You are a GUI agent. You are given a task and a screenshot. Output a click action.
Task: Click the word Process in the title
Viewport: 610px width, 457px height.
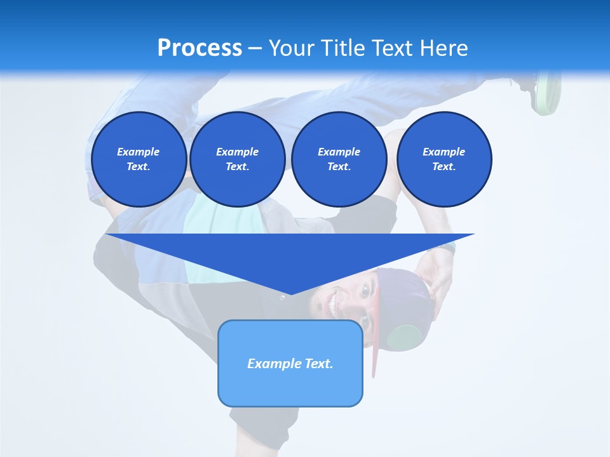200,48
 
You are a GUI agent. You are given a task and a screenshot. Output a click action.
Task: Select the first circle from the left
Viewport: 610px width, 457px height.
139,159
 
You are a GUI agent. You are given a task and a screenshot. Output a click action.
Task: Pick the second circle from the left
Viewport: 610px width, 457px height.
237,159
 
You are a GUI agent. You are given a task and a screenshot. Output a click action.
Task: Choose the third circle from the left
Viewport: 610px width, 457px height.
339,159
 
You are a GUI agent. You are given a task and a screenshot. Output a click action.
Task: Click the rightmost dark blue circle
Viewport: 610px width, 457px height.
444,159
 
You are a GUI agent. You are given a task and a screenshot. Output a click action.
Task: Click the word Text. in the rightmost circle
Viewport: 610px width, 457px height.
444,167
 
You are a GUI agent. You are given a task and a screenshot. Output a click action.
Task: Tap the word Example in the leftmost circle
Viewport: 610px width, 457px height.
139,152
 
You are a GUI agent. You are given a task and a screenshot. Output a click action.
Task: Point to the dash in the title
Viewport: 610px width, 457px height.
255,49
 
